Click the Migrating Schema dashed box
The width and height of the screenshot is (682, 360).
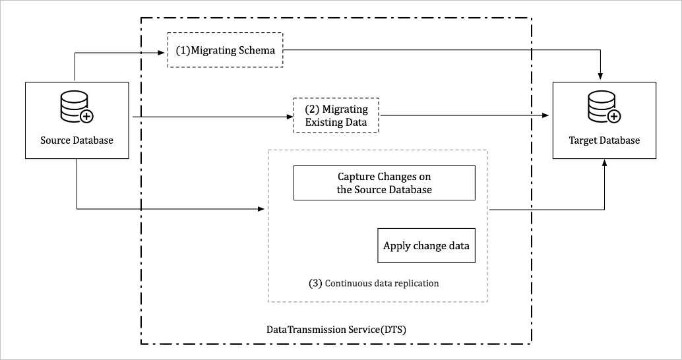click(x=225, y=50)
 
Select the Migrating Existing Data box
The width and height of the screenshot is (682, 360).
click(x=336, y=115)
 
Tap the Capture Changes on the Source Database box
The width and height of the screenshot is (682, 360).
click(x=384, y=183)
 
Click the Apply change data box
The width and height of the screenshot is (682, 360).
click(x=426, y=246)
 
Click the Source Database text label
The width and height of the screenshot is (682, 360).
click(x=77, y=140)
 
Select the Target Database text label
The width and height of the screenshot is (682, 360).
click(x=604, y=140)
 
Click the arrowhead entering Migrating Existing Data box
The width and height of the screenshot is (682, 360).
click(x=290, y=117)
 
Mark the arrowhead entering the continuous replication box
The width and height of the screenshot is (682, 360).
click(x=262, y=210)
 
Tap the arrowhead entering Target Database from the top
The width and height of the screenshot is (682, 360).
click(x=600, y=75)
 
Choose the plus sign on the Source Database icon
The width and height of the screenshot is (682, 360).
click(x=86, y=117)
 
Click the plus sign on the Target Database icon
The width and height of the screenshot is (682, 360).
click(x=613, y=117)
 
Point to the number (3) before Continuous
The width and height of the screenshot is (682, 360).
click(x=315, y=284)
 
